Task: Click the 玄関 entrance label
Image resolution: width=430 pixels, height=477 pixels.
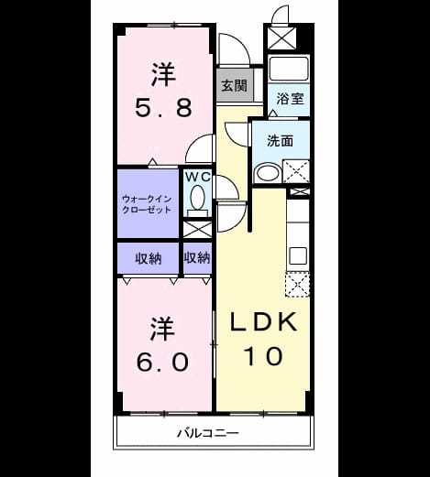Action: click(x=234, y=85)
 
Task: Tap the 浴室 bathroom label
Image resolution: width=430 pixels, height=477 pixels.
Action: click(x=290, y=99)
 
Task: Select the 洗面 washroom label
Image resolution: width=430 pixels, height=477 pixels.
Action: click(x=281, y=141)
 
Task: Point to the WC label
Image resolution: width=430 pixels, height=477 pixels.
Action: click(x=198, y=177)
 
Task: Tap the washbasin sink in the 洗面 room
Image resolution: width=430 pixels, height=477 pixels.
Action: click(x=269, y=173)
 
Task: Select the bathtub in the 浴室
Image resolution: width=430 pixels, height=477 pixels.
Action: click(x=289, y=68)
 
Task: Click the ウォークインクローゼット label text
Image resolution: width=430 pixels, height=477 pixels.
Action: click(x=147, y=204)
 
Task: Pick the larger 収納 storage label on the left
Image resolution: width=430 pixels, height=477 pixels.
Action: click(x=149, y=259)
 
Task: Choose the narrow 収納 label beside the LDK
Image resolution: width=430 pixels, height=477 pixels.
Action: click(x=197, y=258)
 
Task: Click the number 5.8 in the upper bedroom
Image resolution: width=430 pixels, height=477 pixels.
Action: click(x=164, y=107)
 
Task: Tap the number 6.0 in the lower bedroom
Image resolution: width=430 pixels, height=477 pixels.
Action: click(x=162, y=362)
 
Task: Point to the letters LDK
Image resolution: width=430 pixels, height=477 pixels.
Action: click(x=263, y=321)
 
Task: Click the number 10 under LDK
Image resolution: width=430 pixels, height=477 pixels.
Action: click(x=263, y=356)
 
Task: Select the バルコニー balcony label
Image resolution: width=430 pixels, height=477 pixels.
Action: click(x=208, y=433)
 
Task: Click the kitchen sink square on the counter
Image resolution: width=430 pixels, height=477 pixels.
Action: click(x=298, y=255)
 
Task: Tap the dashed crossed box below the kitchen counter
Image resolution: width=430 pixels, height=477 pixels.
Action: click(x=297, y=284)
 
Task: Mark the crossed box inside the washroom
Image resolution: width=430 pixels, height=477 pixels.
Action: click(x=296, y=171)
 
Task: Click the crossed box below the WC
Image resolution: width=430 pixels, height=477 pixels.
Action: click(x=197, y=230)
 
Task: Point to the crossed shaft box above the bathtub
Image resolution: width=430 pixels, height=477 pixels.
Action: click(x=281, y=38)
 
